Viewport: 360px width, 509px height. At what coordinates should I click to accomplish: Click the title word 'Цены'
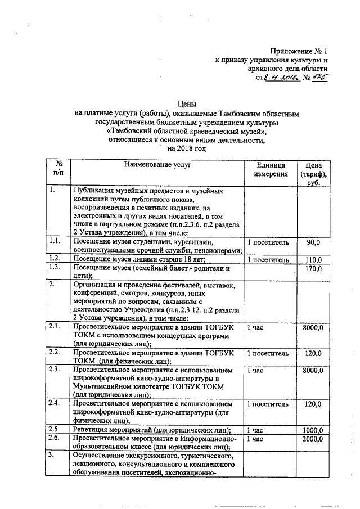186,104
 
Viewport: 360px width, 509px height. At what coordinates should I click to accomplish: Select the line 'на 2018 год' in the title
186,149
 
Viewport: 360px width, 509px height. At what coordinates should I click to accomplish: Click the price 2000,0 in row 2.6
312,439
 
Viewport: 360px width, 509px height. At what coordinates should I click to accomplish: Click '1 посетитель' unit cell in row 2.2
268,353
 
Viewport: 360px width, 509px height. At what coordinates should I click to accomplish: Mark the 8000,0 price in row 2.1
312,327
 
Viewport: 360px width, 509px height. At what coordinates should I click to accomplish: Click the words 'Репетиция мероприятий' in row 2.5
112,430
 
